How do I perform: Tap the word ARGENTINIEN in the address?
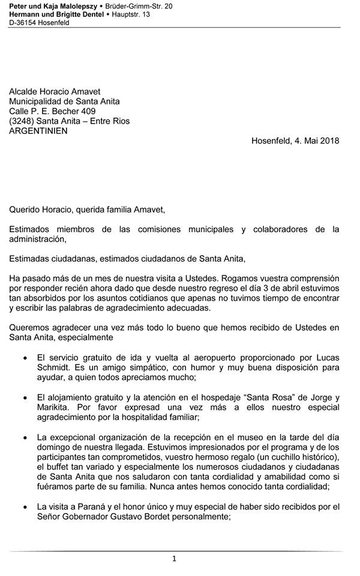coord(38,131)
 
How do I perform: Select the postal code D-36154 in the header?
coord(23,22)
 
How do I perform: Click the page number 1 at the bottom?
coord(174,559)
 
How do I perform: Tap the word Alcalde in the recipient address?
coord(25,91)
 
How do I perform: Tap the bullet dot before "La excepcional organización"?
coord(24,437)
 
